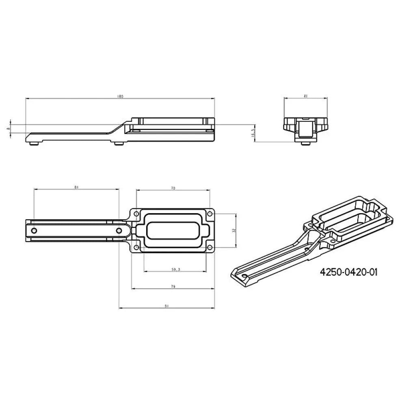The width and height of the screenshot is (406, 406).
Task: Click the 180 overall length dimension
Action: click(119, 97)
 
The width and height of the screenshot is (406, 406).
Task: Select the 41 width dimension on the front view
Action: click(305, 96)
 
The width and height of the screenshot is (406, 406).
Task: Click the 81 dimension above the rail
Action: click(77, 188)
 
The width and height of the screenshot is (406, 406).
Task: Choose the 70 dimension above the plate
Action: click(173, 188)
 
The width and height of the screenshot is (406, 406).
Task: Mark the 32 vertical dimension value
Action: click(234, 230)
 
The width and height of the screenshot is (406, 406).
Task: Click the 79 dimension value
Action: click(173, 287)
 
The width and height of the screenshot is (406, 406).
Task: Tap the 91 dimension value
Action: click(166, 307)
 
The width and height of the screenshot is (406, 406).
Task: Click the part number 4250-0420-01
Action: click(349, 272)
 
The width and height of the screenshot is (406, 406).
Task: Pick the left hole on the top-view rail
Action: click(34, 231)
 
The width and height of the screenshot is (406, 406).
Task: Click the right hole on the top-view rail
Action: click(119, 231)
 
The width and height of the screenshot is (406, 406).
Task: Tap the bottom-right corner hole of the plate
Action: click(209, 247)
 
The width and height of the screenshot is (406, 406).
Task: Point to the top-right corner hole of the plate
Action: click(209, 213)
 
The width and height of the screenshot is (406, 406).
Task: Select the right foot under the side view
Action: click(118, 143)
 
